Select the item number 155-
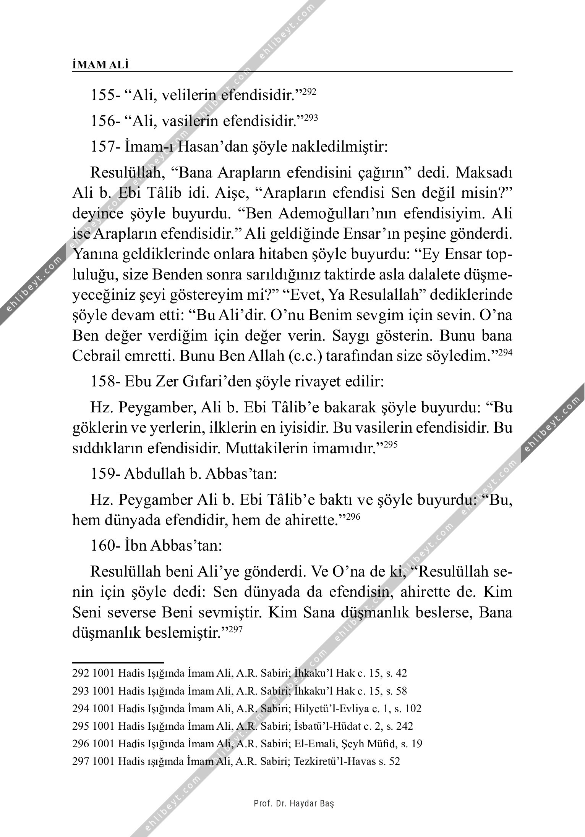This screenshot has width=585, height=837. pos(105,95)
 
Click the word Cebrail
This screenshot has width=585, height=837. pos(96,356)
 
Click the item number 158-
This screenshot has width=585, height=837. pos(105,381)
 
